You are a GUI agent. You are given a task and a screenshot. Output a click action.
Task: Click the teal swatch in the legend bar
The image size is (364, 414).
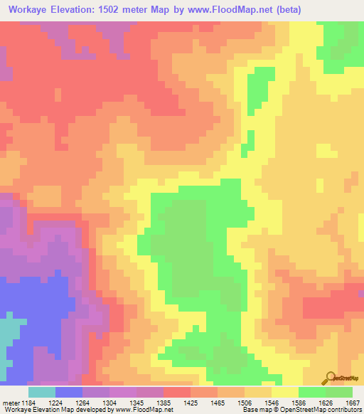point(41,392)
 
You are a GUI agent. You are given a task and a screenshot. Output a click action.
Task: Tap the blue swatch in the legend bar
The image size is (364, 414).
point(68,392)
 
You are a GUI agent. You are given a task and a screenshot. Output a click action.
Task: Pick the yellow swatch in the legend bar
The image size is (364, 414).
point(284,392)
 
